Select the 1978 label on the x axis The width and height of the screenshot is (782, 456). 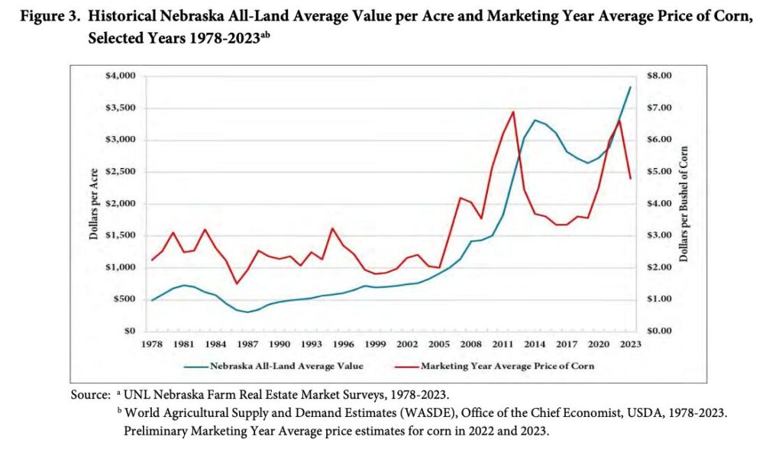[x=153, y=344]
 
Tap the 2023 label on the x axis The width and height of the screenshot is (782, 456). [x=630, y=344]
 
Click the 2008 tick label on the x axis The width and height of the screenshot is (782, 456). [x=470, y=344]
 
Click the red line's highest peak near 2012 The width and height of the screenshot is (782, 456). [x=513, y=112]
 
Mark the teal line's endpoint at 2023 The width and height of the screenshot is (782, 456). [x=630, y=87]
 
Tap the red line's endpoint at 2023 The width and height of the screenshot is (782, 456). [x=630, y=179]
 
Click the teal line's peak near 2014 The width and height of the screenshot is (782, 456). [x=535, y=120]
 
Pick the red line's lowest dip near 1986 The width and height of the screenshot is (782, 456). [x=237, y=284]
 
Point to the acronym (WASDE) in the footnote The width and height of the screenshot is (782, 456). [x=405, y=413]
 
